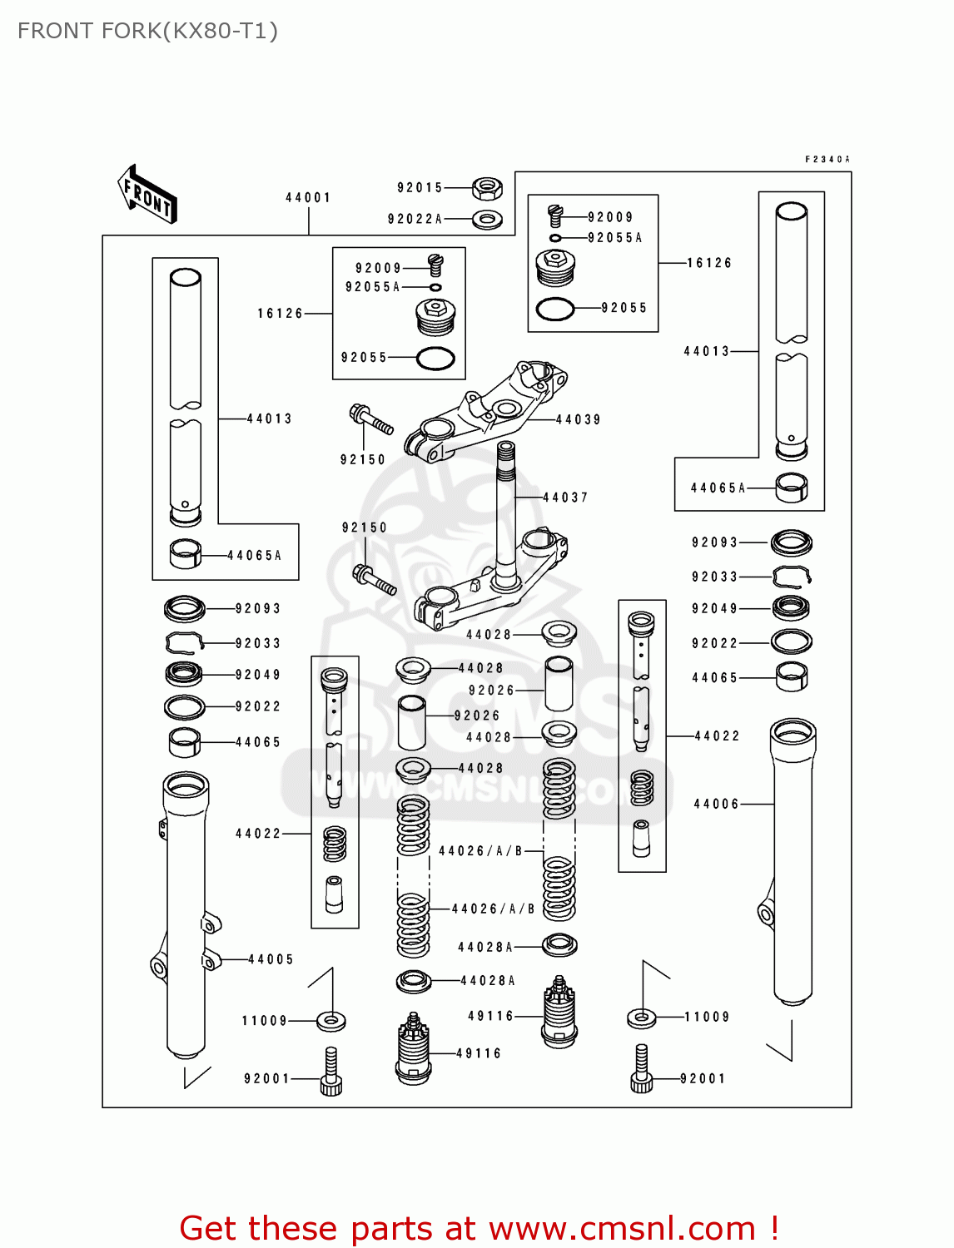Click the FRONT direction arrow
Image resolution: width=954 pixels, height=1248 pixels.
148,195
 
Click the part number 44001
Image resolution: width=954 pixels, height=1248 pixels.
308,198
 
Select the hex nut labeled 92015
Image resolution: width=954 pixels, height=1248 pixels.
487,188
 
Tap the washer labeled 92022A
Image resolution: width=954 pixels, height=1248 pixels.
487,220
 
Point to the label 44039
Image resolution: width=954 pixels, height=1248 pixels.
578,420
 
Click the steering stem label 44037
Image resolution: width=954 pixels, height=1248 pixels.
565,498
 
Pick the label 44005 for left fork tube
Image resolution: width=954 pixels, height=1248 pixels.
271,959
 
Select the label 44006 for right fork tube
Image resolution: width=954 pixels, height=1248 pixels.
716,804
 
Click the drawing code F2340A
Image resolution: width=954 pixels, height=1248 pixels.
827,159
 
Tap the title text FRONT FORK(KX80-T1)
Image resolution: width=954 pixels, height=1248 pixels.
147,31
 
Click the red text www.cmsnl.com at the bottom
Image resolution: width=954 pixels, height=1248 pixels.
622,1228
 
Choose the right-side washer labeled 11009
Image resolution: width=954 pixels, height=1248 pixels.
641,1017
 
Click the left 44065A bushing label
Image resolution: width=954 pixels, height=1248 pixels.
255,555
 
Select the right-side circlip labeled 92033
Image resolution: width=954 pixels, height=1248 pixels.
792,576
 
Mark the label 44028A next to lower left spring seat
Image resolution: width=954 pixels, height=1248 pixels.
488,981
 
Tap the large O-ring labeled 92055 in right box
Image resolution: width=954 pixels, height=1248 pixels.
555,309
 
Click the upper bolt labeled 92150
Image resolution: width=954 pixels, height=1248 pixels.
371,419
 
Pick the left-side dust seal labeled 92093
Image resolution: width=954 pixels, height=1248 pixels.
185,609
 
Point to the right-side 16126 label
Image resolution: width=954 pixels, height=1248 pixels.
709,263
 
